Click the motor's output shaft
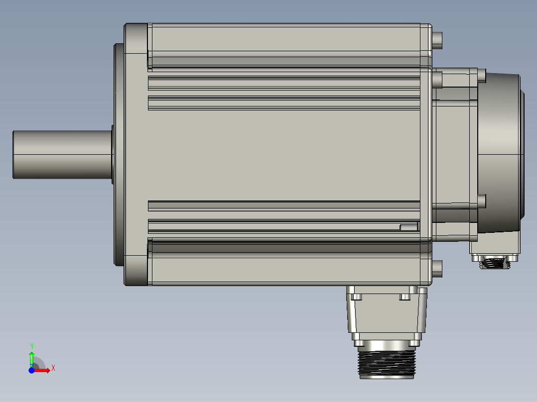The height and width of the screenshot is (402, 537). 62,155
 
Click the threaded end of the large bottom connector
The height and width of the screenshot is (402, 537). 387,363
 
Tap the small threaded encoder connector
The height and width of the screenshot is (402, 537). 495,263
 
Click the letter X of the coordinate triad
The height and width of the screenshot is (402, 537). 53,368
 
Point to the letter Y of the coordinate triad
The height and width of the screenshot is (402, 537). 32,346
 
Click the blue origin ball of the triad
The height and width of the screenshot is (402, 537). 31,370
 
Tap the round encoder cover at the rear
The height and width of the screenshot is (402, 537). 500,153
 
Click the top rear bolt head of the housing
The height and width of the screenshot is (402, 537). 437,40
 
